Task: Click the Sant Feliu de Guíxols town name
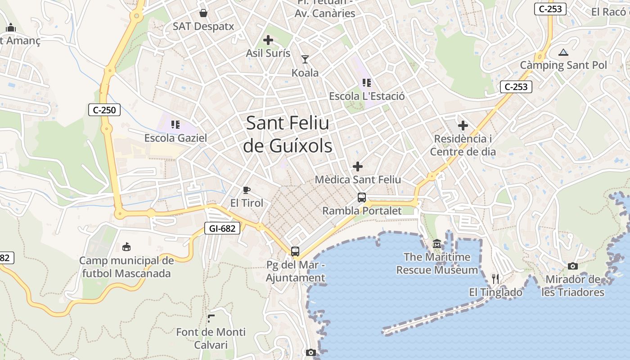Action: click(288, 135)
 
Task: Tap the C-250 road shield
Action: click(104, 109)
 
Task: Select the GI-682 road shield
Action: click(222, 228)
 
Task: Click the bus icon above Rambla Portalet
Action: click(362, 197)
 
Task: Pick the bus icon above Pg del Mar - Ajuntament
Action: click(295, 252)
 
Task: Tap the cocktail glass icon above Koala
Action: click(305, 59)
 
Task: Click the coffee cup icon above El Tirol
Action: click(247, 190)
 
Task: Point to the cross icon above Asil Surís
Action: click(268, 40)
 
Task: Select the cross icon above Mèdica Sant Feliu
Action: click(358, 167)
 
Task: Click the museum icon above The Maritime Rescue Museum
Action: click(437, 244)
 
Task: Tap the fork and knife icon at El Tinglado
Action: click(495, 279)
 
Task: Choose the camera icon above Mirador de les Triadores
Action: click(572, 266)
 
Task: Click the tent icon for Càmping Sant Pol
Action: click(563, 52)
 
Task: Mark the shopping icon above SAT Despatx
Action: click(203, 13)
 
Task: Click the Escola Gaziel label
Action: click(175, 138)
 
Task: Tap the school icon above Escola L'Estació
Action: click(367, 83)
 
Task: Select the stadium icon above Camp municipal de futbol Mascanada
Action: click(126, 247)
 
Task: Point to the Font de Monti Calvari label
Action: click(211, 338)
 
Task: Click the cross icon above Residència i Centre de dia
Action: click(463, 126)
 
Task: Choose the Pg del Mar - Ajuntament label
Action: click(295, 271)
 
